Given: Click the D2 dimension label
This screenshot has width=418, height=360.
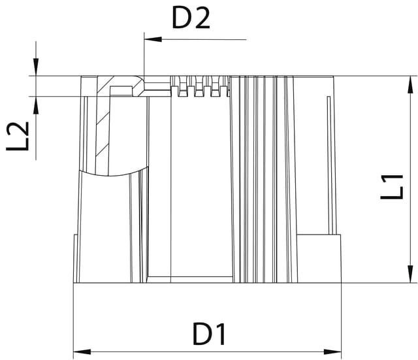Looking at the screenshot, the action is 191,18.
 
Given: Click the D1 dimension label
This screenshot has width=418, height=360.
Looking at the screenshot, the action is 209,334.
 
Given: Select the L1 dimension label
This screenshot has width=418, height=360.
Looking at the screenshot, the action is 392,187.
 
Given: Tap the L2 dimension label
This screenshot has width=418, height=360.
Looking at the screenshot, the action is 18,137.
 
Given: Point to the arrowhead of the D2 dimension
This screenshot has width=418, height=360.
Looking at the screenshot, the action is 153,39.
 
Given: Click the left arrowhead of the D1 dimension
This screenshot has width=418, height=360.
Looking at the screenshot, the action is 82,352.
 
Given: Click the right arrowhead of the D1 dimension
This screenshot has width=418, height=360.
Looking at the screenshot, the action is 332,352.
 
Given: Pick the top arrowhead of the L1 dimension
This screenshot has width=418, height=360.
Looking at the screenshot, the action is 411,84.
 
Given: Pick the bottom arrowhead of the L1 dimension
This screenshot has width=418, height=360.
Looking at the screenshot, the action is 411,274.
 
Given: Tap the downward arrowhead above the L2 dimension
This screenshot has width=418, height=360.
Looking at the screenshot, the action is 36,67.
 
